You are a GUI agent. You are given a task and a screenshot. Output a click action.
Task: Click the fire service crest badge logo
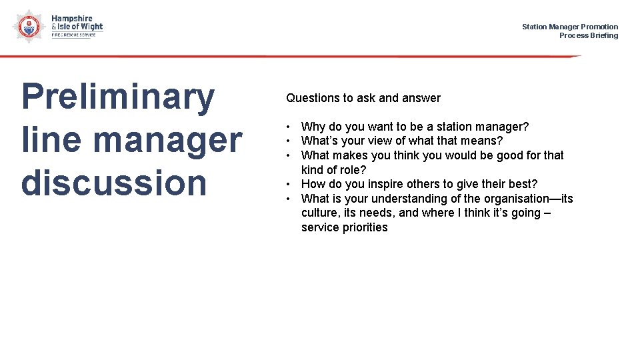pyautogui.click(x=27, y=26)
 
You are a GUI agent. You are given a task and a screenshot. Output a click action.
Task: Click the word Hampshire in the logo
pyautogui.click(x=72, y=19)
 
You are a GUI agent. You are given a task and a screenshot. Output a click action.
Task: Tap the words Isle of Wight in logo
pyautogui.click(x=81, y=27)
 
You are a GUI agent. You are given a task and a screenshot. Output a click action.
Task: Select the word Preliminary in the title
pyautogui.click(x=117, y=97)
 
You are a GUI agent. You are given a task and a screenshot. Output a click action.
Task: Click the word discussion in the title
pyautogui.click(x=114, y=183)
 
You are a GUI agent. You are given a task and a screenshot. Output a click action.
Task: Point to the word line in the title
pyautogui.click(x=52, y=140)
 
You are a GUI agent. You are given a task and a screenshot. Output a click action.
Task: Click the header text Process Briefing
pyautogui.click(x=588, y=35)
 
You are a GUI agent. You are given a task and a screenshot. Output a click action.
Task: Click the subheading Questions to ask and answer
pyautogui.click(x=363, y=98)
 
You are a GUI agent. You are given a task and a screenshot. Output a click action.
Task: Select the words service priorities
pyautogui.click(x=344, y=227)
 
